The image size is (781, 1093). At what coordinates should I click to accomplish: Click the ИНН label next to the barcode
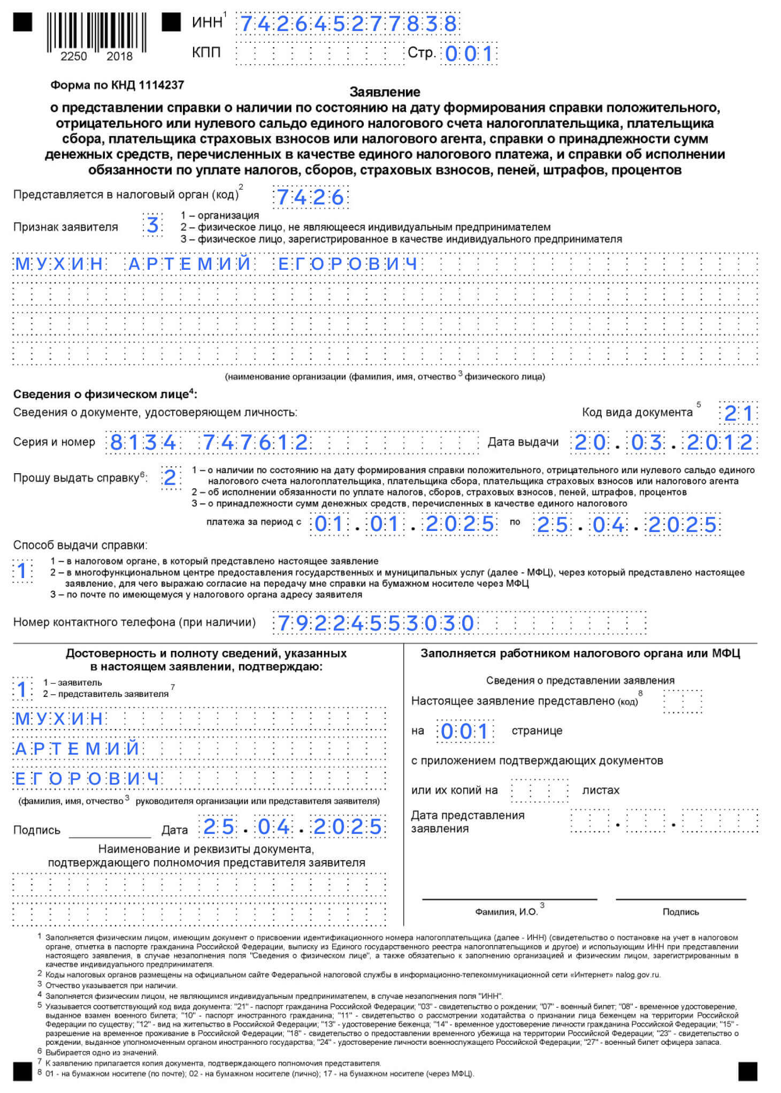click(208, 22)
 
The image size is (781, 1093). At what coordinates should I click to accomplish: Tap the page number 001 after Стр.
click(469, 54)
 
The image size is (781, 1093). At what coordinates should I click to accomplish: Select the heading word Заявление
click(385, 92)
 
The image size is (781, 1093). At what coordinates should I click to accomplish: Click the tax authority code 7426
click(310, 198)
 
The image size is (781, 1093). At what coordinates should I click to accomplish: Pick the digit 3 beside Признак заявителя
click(152, 225)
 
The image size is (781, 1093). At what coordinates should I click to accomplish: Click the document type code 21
click(738, 413)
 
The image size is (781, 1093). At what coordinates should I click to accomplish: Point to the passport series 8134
click(143, 443)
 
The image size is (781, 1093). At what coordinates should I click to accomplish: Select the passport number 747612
click(256, 443)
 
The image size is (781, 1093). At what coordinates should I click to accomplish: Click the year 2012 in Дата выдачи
click(720, 443)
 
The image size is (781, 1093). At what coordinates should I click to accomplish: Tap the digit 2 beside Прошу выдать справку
click(170, 477)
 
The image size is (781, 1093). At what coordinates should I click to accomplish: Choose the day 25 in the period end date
click(552, 525)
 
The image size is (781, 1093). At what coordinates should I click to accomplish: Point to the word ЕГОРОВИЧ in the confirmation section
click(87, 779)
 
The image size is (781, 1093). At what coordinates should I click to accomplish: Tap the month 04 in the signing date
click(273, 827)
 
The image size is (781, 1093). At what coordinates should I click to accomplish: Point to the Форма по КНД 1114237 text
click(117, 85)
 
